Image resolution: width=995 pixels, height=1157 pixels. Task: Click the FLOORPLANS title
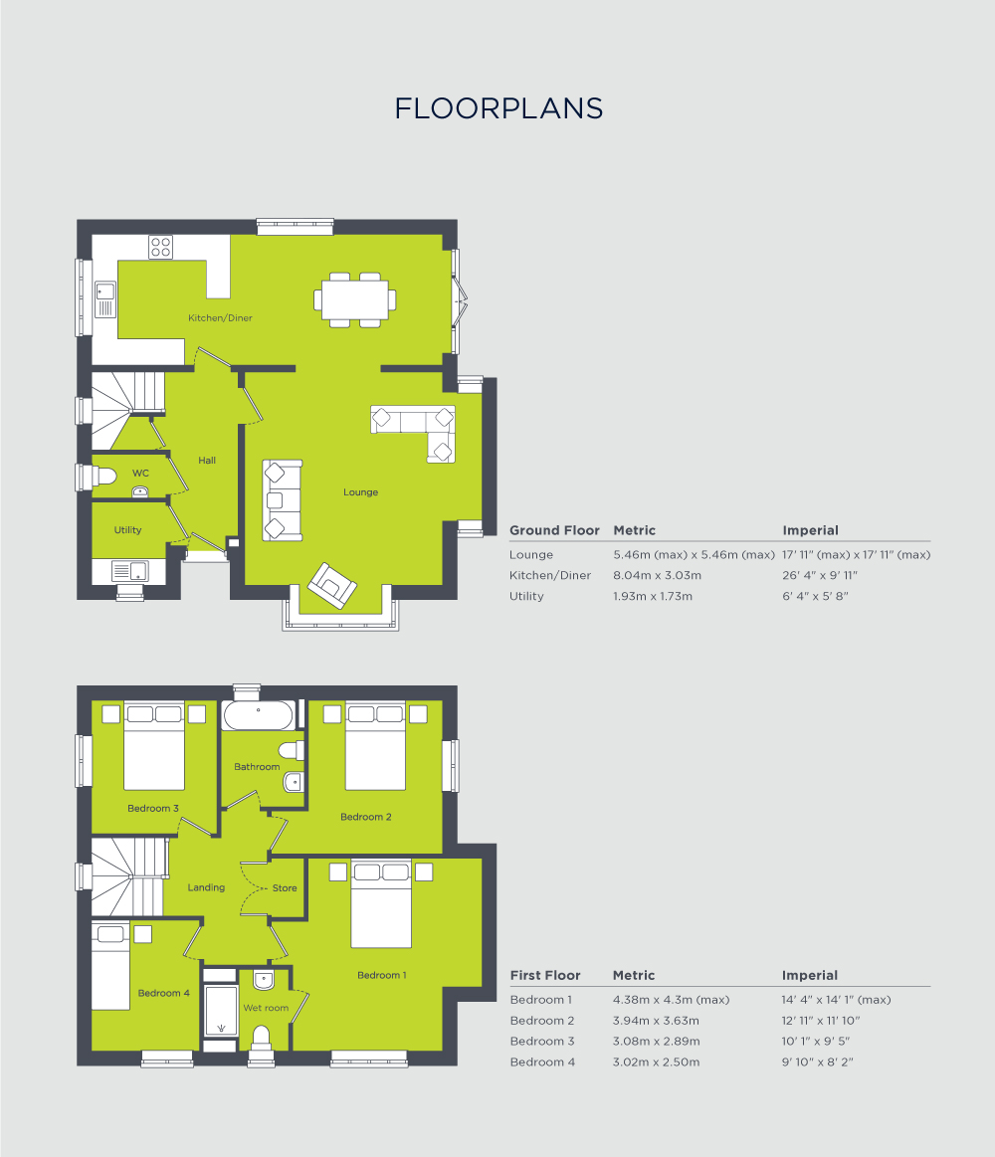(498, 108)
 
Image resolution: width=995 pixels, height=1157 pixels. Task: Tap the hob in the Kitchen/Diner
(160, 247)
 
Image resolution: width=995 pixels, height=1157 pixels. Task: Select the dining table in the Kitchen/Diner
(353, 298)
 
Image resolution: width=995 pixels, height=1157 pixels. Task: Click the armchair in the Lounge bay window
(331, 585)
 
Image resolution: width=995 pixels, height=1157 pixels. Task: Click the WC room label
(140, 474)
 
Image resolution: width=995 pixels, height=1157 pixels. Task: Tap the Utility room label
(127, 530)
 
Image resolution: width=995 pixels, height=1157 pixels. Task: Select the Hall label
(207, 461)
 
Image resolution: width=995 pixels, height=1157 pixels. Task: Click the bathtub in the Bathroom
(258, 715)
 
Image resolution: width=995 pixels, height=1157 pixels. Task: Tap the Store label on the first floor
(285, 888)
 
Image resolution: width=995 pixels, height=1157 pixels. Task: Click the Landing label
(206, 887)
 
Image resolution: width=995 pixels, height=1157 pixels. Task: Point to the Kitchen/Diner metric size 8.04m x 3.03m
(657, 576)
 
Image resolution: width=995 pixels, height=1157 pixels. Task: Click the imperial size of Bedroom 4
(818, 1062)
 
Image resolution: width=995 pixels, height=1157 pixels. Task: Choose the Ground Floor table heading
(554, 531)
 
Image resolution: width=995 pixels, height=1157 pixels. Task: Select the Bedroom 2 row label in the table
(542, 1021)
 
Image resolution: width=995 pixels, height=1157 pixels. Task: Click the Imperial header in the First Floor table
(810, 976)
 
